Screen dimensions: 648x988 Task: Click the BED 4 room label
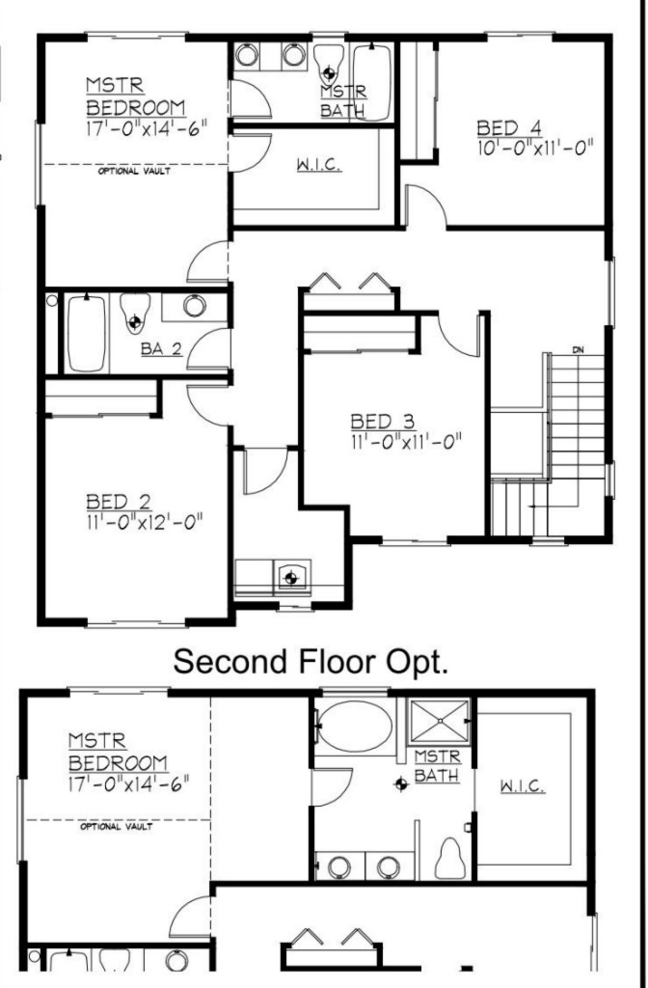(509, 128)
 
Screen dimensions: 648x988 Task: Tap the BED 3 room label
(383, 421)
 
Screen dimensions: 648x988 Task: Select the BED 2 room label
(119, 502)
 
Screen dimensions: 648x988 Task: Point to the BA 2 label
(162, 349)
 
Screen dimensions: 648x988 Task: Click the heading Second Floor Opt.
(310, 661)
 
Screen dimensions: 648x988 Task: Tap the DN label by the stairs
(579, 349)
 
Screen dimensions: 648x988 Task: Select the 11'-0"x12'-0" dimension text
(145, 522)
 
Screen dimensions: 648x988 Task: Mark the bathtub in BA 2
(86, 333)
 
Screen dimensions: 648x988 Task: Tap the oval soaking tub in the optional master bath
(355, 727)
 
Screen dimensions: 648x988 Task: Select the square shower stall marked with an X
(440, 721)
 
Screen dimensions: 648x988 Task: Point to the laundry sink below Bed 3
(291, 576)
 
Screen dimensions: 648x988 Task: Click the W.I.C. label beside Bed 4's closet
(318, 165)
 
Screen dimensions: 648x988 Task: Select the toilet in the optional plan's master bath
(451, 858)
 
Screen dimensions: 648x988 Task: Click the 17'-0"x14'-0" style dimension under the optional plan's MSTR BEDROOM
(129, 784)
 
